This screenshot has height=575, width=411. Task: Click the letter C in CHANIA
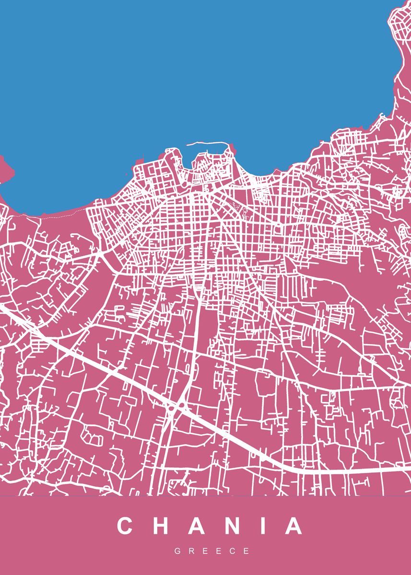125,526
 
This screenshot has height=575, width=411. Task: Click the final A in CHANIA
294,526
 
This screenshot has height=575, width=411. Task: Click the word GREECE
212,552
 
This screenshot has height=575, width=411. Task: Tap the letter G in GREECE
177,552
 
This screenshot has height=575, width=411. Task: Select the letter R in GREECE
191,552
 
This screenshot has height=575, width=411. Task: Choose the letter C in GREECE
233,552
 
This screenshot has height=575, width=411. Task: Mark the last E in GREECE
247,552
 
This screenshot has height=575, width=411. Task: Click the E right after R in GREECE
205,552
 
